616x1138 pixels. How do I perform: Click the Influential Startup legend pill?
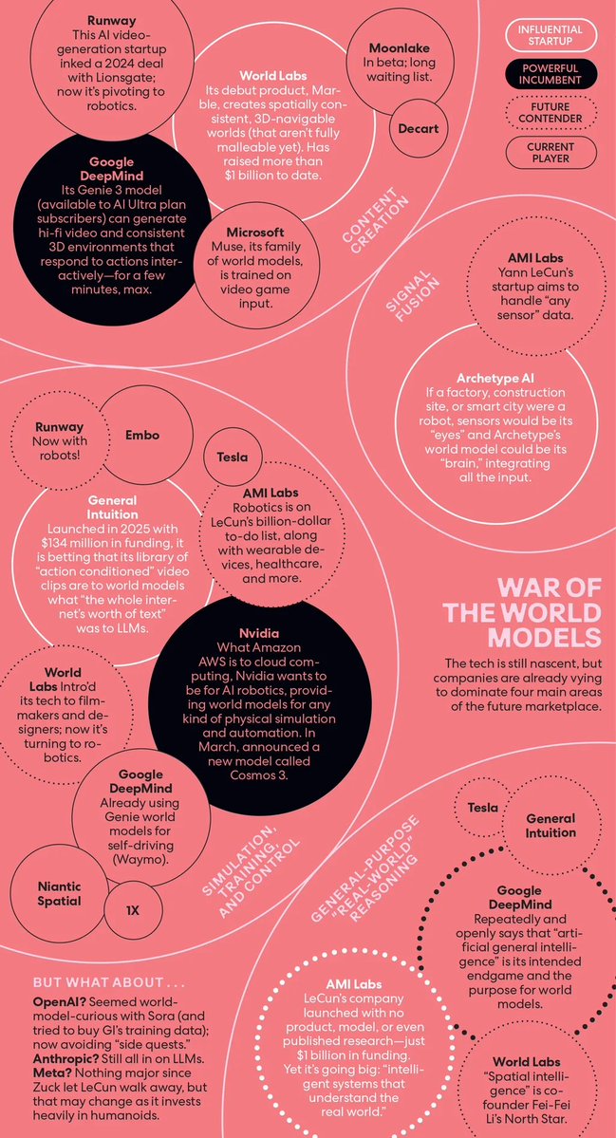551,35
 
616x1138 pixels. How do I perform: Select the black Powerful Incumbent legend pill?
551,74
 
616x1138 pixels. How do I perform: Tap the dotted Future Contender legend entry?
551,113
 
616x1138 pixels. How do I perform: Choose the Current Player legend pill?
551,153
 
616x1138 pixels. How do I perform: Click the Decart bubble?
419,128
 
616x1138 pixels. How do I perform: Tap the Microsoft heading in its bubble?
254,233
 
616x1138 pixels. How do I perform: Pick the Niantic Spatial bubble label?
60,894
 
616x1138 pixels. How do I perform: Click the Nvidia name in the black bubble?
259,634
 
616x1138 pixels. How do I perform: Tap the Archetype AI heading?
495,379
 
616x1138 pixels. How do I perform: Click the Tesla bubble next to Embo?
233,457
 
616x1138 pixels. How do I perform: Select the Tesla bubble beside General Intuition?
482,808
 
